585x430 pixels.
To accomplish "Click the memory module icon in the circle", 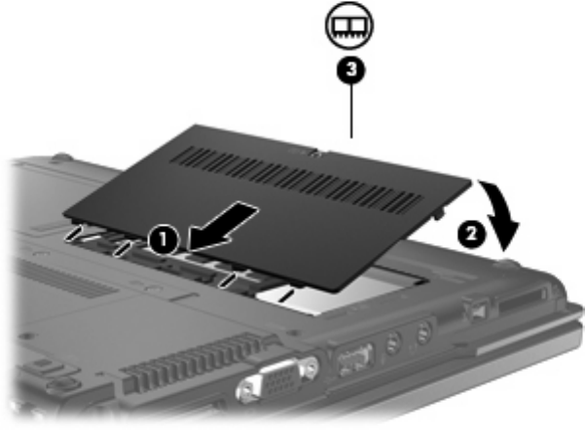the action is click(349, 25).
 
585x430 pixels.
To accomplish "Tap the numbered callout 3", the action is click(350, 70).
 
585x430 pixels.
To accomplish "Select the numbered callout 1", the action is click(164, 239).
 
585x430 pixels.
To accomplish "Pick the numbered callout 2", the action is click(471, 234).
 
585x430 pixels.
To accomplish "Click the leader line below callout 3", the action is click(350, 111).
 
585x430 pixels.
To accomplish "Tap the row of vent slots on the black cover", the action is click(296, 181).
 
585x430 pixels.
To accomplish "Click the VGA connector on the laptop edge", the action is click(277, 379).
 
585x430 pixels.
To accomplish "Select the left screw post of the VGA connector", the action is click(244, 391).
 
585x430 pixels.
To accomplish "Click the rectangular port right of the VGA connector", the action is click(354, 360).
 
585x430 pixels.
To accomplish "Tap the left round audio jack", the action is click(392, 341).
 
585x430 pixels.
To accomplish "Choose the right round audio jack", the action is click(423, 332).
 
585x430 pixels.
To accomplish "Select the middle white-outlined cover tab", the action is click(123, 248).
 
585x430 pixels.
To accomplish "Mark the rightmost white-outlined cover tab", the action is click(228, 280).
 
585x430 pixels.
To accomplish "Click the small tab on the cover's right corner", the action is click(439, 213).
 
